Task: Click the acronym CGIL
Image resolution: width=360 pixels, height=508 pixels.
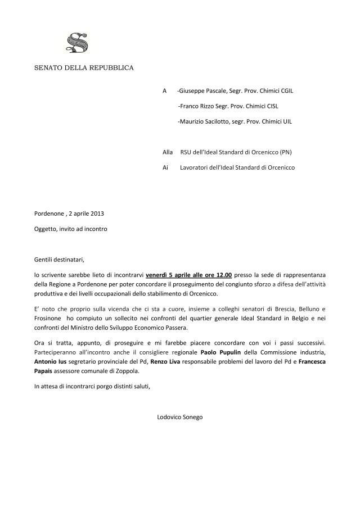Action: click(x=282, y=90)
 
